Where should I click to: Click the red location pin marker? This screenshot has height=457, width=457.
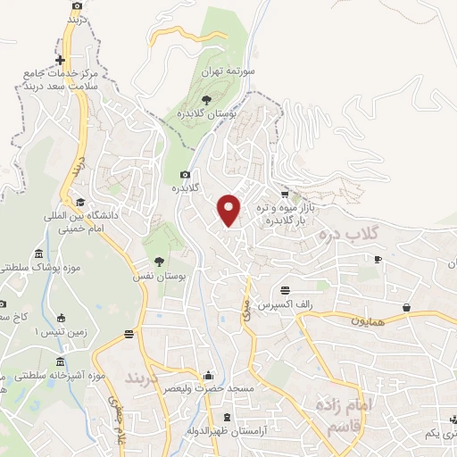pyautogui.click(x=230, y=209)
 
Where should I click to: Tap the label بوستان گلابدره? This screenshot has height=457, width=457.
pyautogui.click(x=206, y=114)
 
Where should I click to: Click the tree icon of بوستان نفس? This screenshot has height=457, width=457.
pyautogui.click(x=160, y=262)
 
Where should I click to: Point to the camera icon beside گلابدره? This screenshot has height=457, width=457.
pyautogui.click(x=185, y=174)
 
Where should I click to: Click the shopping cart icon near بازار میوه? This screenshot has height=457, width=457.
pyautogui.click(x=285, y=194)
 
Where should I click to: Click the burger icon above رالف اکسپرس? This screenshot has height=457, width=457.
pyautogui.click(x=285, y=290)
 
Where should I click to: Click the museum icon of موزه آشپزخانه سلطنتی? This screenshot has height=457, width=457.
pyautogui.click(x=60, y=362)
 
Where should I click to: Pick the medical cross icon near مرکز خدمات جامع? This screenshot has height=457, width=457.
pyautogui.click(x=59, y=61)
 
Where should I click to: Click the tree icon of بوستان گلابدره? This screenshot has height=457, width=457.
pyautogui.click(x=206, y=99)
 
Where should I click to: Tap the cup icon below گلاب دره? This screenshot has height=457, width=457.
pyautogui.click(x=378, y=260)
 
